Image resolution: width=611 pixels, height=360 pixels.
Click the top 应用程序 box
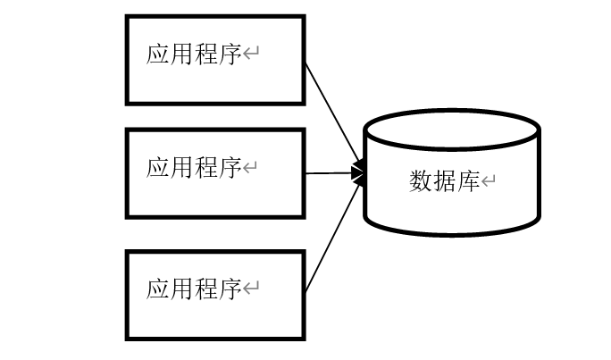click(x=214, y=59)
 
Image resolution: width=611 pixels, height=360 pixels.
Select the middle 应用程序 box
click(x=214, y=173)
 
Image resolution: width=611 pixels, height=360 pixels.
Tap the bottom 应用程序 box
click(x=214, y=295)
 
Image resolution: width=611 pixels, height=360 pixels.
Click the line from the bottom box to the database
click(x=332, y=237)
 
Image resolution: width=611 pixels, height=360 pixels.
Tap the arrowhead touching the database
click(x=360, y=173)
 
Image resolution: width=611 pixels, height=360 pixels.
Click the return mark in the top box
click(x=251, y=55)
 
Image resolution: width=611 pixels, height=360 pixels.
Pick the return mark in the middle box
click(x=251, y=168)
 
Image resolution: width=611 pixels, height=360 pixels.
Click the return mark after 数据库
click(x=489, y=183)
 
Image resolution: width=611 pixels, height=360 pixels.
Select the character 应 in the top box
click(x=158, y=54)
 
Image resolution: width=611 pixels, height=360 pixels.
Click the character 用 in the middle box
click(x=182, y=167)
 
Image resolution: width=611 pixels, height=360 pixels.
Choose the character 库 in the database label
click(x=469, y=182)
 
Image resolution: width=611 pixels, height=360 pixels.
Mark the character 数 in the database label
click(x=421, y=182)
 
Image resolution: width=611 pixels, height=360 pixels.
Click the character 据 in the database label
click(x=445, y=182)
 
